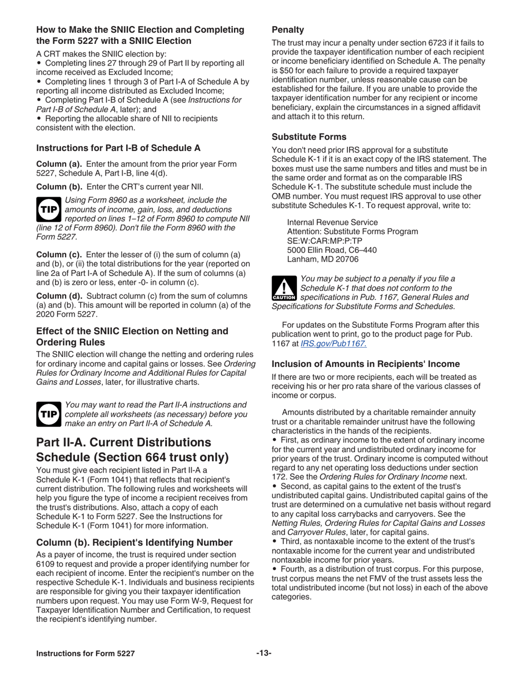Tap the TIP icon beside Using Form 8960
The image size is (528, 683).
[48, 209]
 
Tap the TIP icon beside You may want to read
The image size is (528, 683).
[48, 414]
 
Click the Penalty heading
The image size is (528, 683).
[287, 29]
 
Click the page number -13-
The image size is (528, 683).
[263, 653]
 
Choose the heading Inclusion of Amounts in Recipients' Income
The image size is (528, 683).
[365, 364]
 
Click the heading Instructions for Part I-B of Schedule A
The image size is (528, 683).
[118, 148]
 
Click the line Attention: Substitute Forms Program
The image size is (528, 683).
[352, 231]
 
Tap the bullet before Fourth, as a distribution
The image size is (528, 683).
[275, 570]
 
